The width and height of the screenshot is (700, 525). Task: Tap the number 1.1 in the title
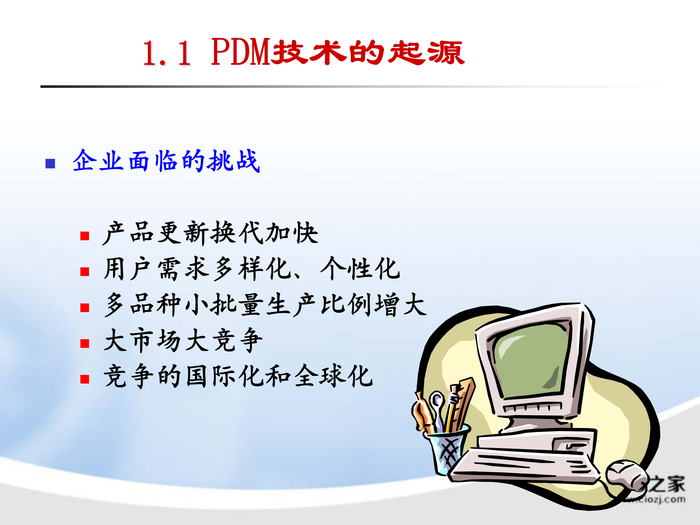click(167, 54)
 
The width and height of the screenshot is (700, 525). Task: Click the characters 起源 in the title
click(426, 53)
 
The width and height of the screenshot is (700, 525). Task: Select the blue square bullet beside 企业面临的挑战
click(50, 163)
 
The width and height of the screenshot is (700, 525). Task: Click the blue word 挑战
click(233, 161)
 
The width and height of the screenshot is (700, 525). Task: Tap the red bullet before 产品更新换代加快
click(85, 236)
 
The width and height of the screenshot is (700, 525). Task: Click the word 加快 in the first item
click(292, 233)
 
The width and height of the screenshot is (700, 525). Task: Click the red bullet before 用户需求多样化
click(85, 272)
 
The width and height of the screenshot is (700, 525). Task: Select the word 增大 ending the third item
click(400, 304)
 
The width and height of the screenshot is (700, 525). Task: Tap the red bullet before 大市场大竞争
click(85, 343)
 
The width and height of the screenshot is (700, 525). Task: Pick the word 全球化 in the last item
click(334, 376)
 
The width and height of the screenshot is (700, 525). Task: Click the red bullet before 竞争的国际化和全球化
click(85, 379)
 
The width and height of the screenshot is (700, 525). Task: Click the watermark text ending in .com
click(656, 499)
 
